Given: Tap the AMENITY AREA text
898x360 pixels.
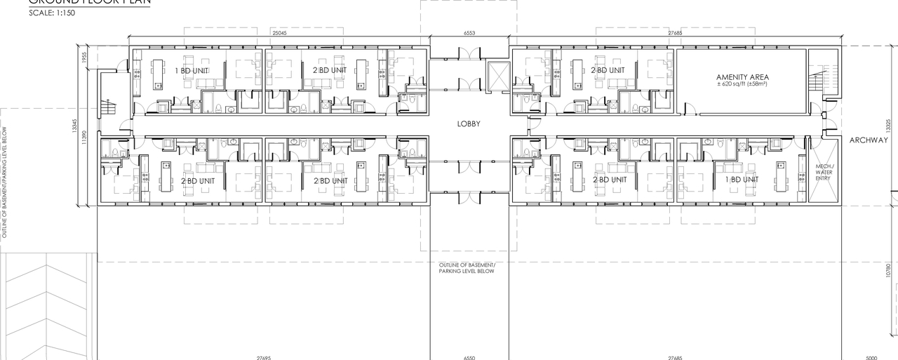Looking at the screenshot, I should [742, 77].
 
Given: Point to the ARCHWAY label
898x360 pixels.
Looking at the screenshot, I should [869, 140].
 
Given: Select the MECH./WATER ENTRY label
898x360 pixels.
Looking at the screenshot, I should [823, 173].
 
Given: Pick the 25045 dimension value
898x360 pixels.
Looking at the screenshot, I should [280, 34].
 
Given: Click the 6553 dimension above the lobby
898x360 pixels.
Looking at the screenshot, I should [469, 34].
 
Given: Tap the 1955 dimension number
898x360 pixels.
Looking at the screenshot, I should [83, 58].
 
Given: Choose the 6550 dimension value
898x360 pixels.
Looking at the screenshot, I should [469, 357].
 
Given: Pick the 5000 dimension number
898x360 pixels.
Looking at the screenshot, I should [871, 357].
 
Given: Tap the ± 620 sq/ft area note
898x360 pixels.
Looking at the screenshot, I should [742, 84].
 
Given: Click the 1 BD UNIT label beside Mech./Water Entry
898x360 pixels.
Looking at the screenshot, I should [742, 180].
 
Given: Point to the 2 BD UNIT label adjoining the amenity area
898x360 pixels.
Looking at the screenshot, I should [608, 70].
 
